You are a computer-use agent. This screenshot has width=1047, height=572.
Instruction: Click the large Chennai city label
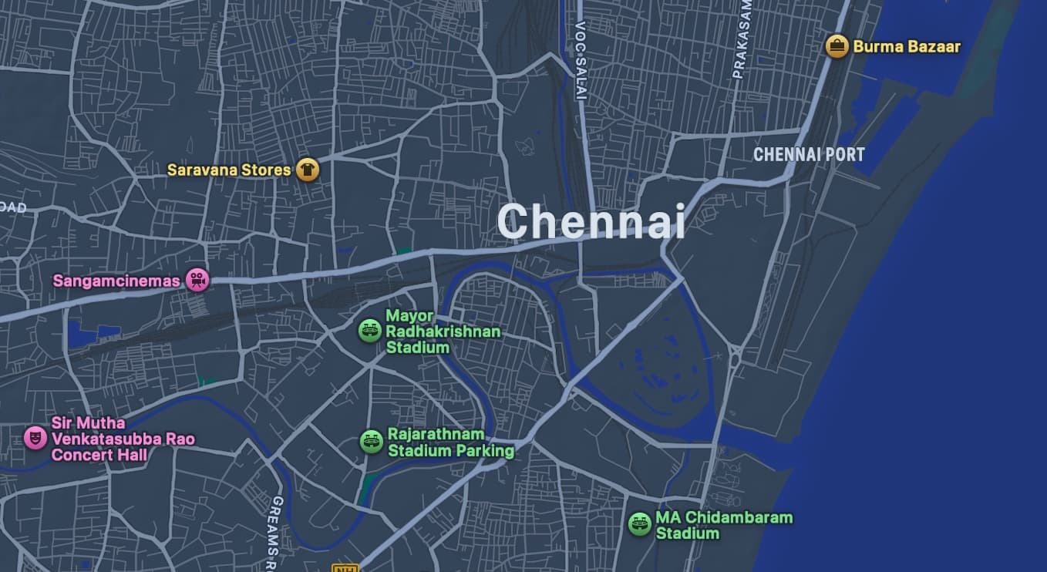(591, 222)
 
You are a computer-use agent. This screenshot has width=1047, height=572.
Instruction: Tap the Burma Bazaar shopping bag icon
(837, 46)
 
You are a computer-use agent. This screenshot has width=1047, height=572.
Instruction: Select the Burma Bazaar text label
(907, 46)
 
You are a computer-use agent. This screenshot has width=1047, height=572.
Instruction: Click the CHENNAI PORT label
(809, 154)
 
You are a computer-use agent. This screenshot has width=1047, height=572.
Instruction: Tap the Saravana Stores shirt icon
(308, 170)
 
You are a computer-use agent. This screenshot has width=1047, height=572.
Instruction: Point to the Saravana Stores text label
(229, 170)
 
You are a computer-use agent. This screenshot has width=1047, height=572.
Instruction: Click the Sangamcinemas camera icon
(198, 280)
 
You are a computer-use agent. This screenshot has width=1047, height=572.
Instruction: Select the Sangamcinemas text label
(116, 281)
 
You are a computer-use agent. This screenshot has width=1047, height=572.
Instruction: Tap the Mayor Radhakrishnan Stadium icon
(370, 331)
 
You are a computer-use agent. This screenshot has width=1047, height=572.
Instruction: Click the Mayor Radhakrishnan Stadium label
(443, 331)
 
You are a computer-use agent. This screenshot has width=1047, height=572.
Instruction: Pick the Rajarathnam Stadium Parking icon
(372, 442)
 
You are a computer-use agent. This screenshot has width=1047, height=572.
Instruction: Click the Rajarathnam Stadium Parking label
(450, 442)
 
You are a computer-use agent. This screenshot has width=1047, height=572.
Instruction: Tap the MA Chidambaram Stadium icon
(639, 524)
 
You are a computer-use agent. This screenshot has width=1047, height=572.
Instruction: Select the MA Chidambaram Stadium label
(724, 525)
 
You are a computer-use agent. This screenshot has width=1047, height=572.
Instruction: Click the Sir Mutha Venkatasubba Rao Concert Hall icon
(35, 438)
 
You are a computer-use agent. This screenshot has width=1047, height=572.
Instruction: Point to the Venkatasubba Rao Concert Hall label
(123, 439)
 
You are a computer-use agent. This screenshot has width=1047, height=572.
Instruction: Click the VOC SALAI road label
(581, 61)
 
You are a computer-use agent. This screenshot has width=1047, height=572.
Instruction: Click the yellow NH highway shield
(345, 568)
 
